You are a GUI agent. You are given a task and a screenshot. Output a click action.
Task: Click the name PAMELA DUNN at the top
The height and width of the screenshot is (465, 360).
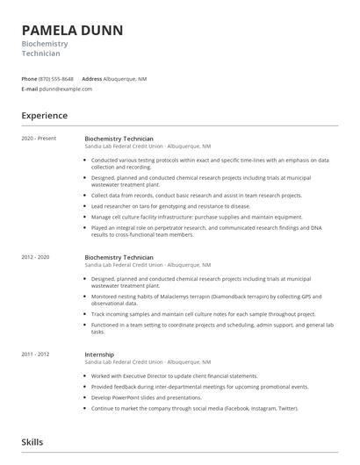point(72,30)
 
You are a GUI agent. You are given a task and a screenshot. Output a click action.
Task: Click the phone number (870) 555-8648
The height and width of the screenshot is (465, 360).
point(56,79)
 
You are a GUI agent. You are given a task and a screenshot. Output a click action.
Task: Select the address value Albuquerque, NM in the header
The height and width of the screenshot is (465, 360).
point(125,79)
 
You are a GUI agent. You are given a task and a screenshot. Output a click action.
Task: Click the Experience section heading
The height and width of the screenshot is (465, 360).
point(45,115)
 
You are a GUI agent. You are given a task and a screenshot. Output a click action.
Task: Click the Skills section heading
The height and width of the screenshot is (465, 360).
point(32,443)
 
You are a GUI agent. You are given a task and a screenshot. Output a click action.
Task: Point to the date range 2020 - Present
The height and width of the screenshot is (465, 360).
point(39,139)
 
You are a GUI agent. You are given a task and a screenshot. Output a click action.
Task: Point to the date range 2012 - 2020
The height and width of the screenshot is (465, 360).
point(36,257)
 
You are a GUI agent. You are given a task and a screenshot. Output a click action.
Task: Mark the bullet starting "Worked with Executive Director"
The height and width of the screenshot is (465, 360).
point(173,376)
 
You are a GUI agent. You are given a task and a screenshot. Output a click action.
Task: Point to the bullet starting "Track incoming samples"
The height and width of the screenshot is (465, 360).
point(202,313)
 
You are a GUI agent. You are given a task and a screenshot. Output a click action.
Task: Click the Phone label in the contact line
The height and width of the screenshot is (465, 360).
point(29,79)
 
